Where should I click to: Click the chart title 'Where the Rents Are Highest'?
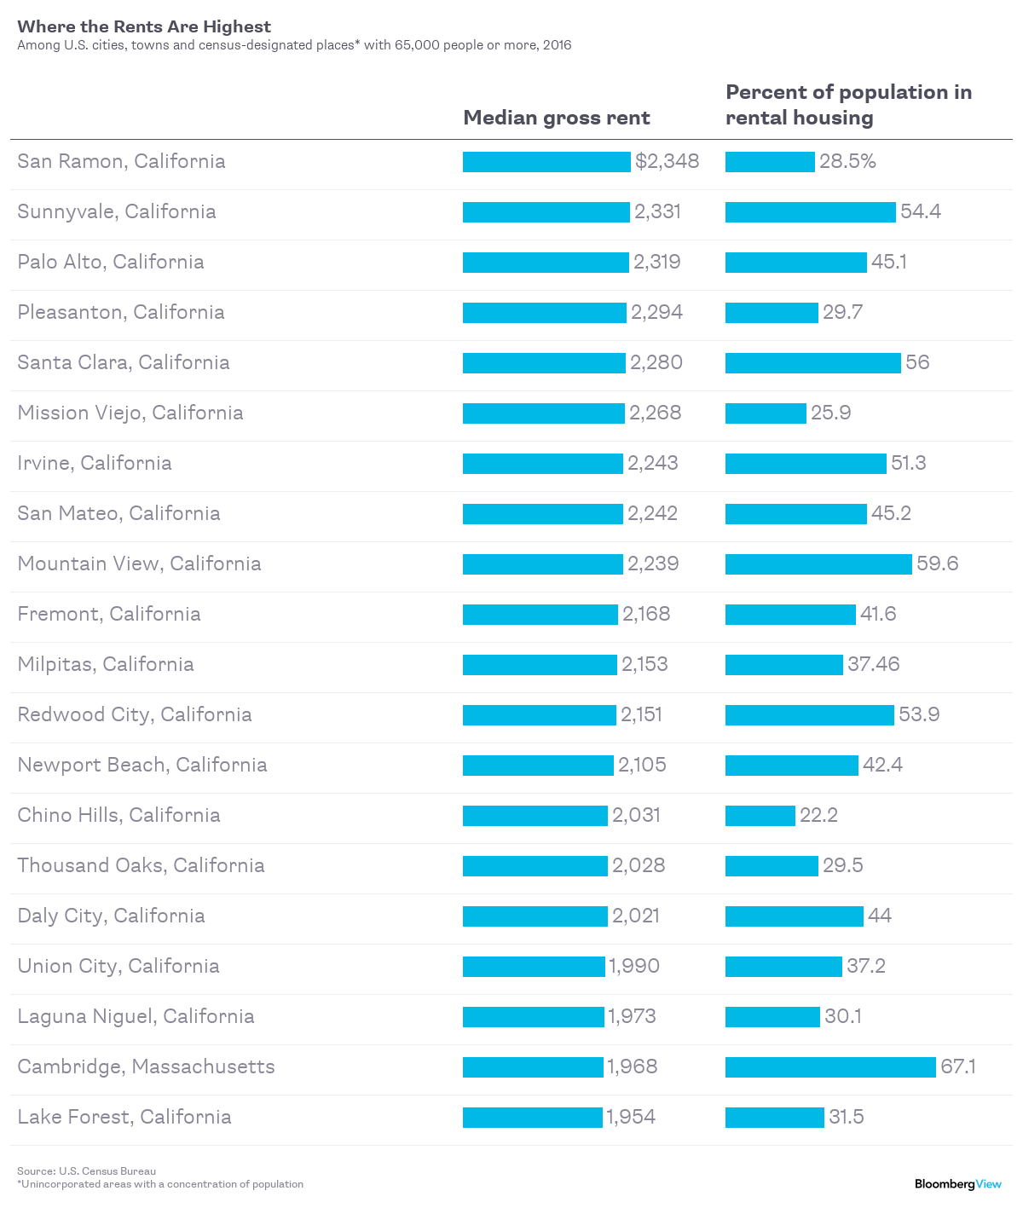144,26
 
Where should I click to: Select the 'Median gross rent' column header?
556,118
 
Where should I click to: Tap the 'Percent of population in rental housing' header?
848,105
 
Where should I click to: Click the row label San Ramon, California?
121,161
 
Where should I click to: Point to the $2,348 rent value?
667,161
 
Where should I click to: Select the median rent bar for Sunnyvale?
546,211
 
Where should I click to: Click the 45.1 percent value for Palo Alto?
888,262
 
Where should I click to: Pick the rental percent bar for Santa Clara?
812,362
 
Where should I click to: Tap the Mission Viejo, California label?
130,413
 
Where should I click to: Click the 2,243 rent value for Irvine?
652,463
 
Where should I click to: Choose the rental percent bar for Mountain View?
818,564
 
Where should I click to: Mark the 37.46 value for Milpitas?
873,664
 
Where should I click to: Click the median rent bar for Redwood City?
539,714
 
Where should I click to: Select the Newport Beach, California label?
142,765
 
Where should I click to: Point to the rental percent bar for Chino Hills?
760,815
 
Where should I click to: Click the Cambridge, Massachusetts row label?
146,1066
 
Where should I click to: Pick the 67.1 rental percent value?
957,1066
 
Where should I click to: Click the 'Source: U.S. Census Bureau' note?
86,1170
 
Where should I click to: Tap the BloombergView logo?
957,1183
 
